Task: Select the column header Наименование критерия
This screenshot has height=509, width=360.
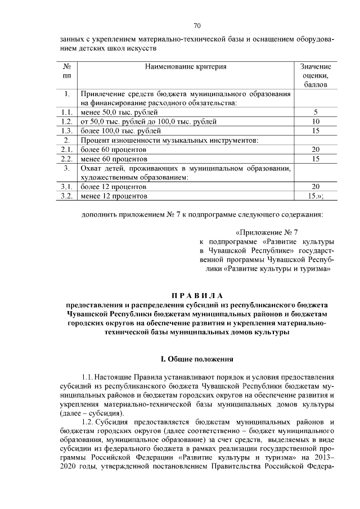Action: point(185,66)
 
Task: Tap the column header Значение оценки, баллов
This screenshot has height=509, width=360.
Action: point(316,75)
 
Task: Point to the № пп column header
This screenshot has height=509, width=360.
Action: point(67,71)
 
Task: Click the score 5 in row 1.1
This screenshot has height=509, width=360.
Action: point(316,112)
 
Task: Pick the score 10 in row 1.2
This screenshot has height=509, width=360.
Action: point(316,121)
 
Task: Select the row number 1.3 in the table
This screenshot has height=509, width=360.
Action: point(67,130)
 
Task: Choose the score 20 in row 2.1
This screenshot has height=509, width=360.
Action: point(316,149)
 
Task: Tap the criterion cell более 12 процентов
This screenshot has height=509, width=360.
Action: point(114,186)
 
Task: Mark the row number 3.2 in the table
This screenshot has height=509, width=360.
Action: point(67,196)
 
